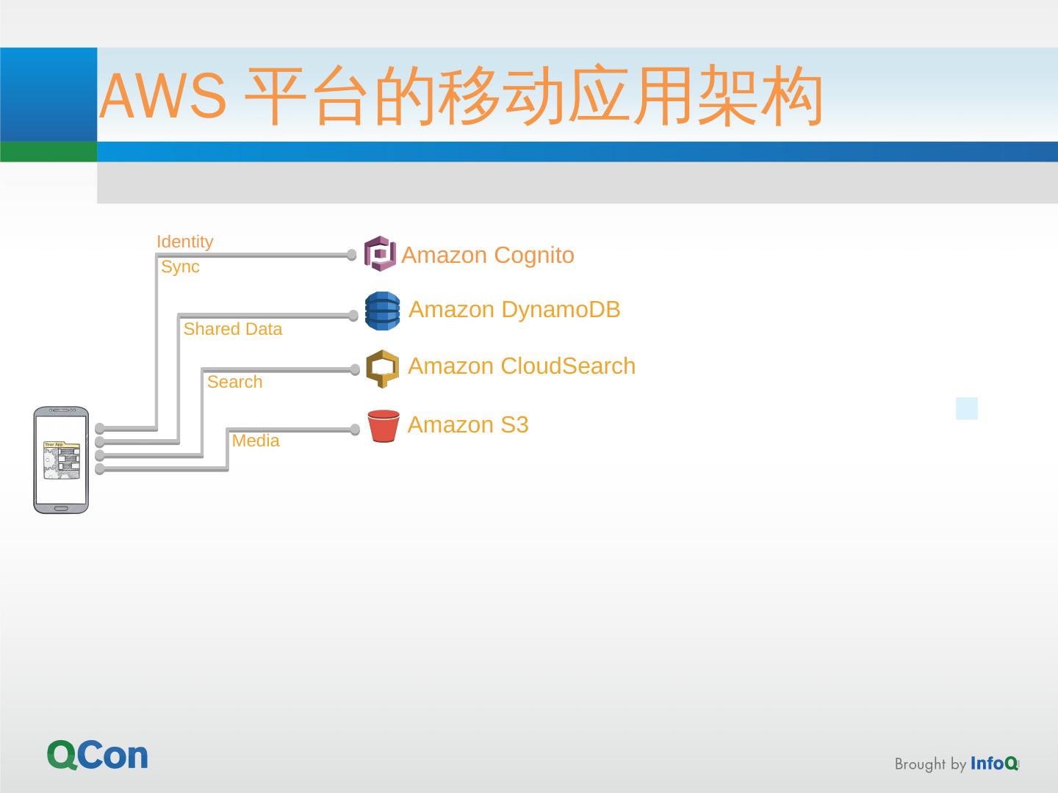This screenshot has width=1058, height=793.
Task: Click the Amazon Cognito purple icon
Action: (380, 254)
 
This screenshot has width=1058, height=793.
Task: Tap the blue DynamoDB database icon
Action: (382, 311)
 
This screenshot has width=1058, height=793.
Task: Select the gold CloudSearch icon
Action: (382, 368)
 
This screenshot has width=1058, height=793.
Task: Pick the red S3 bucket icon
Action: (383, 426)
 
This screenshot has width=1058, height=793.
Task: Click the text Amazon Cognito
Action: (488, 255)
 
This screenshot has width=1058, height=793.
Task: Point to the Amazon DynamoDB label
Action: (514, 309)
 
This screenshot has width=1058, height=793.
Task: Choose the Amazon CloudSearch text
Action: (522, 366)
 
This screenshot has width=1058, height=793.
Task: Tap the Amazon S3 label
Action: (468, 424)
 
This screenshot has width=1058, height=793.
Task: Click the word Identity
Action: (184, 242)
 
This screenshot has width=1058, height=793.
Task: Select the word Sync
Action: (180, 267)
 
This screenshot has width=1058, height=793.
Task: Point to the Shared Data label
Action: (232, 329)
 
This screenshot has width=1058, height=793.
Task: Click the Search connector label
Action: (234, 382)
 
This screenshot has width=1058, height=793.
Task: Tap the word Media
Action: (256, 441)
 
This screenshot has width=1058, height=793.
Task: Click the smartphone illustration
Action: (61, 460)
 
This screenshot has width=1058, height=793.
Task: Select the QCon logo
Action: (98, 755)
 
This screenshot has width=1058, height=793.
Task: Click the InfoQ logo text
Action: (994, 764)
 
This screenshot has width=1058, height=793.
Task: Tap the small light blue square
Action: (967, 408)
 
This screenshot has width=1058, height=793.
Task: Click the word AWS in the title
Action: (163, 96)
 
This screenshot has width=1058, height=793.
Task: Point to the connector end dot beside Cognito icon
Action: (352, 255)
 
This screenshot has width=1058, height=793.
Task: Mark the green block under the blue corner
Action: (48, 151)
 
